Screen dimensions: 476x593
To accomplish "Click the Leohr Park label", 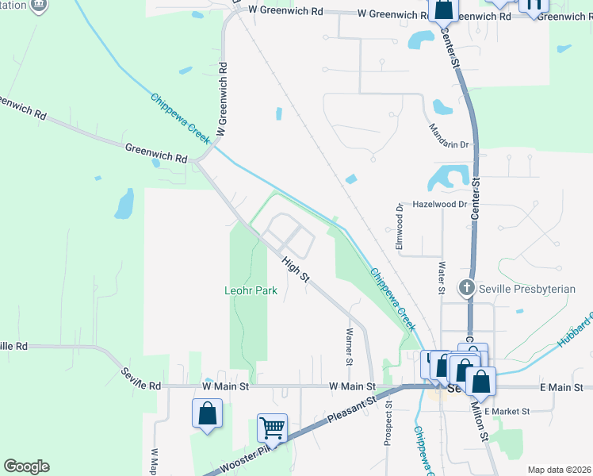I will tap(250, 291).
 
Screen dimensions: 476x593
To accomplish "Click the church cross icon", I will tap(468, 288).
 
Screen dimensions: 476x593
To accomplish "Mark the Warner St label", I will tap(348, 346).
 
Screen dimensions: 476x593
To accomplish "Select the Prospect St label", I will tap(388, 427).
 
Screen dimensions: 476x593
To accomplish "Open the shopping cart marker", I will tap(272, 428).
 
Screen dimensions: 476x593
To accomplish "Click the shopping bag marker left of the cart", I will tap(207, 413).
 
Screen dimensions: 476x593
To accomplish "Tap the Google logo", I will tap(26, 466).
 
